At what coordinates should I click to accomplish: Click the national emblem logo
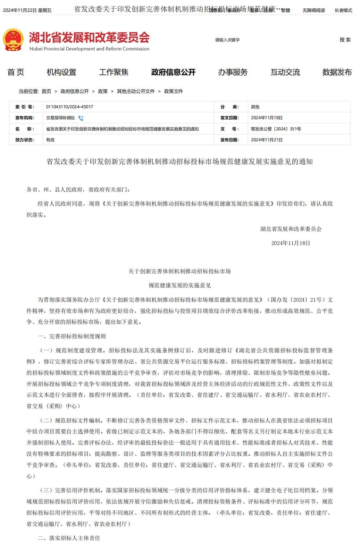(x=13, y=40)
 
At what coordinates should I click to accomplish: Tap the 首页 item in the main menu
(x=16, y=72)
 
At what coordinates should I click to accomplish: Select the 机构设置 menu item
(x=61, y=72)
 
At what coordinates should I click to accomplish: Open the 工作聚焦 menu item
(x=113, y=72)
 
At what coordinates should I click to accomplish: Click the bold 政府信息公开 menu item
(x=173, y=72)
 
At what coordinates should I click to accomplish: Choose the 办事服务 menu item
(x=233, y=72)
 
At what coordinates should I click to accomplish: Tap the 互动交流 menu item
(x=285, y=72)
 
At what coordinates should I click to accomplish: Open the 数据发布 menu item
(x=337, y=72)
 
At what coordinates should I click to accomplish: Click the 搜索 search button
(x=345, y=40)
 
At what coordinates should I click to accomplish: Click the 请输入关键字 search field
(x=256, y=40)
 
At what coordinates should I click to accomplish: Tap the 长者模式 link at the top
(x=343, y=10)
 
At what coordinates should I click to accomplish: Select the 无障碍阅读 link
(x=314, y=10)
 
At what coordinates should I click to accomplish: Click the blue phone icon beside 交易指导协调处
(x=81, y=118)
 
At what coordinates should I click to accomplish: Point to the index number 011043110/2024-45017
(x=70, y=107)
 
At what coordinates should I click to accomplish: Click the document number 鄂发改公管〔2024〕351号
(x=276, y=129)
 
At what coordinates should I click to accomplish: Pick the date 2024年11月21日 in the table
(x=267, y=140)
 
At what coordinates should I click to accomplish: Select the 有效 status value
(x=50, y=140)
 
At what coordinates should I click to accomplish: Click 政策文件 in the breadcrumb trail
(x=173, y=91)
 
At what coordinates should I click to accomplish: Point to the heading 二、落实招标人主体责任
(x=69, y=538)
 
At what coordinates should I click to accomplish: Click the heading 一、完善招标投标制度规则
(x=71, y=336)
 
